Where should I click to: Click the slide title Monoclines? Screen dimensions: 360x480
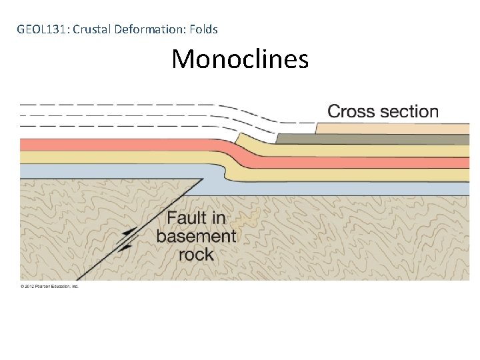point(240,59)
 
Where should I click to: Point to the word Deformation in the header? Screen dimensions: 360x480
point(147,29)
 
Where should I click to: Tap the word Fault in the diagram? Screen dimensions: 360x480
point(187,218)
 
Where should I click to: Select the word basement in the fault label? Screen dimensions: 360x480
point(196,236)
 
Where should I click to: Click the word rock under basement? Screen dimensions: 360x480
point(196,254)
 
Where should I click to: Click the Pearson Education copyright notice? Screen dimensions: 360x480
point(49,286)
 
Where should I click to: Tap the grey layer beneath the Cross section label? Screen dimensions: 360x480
point(373,139)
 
